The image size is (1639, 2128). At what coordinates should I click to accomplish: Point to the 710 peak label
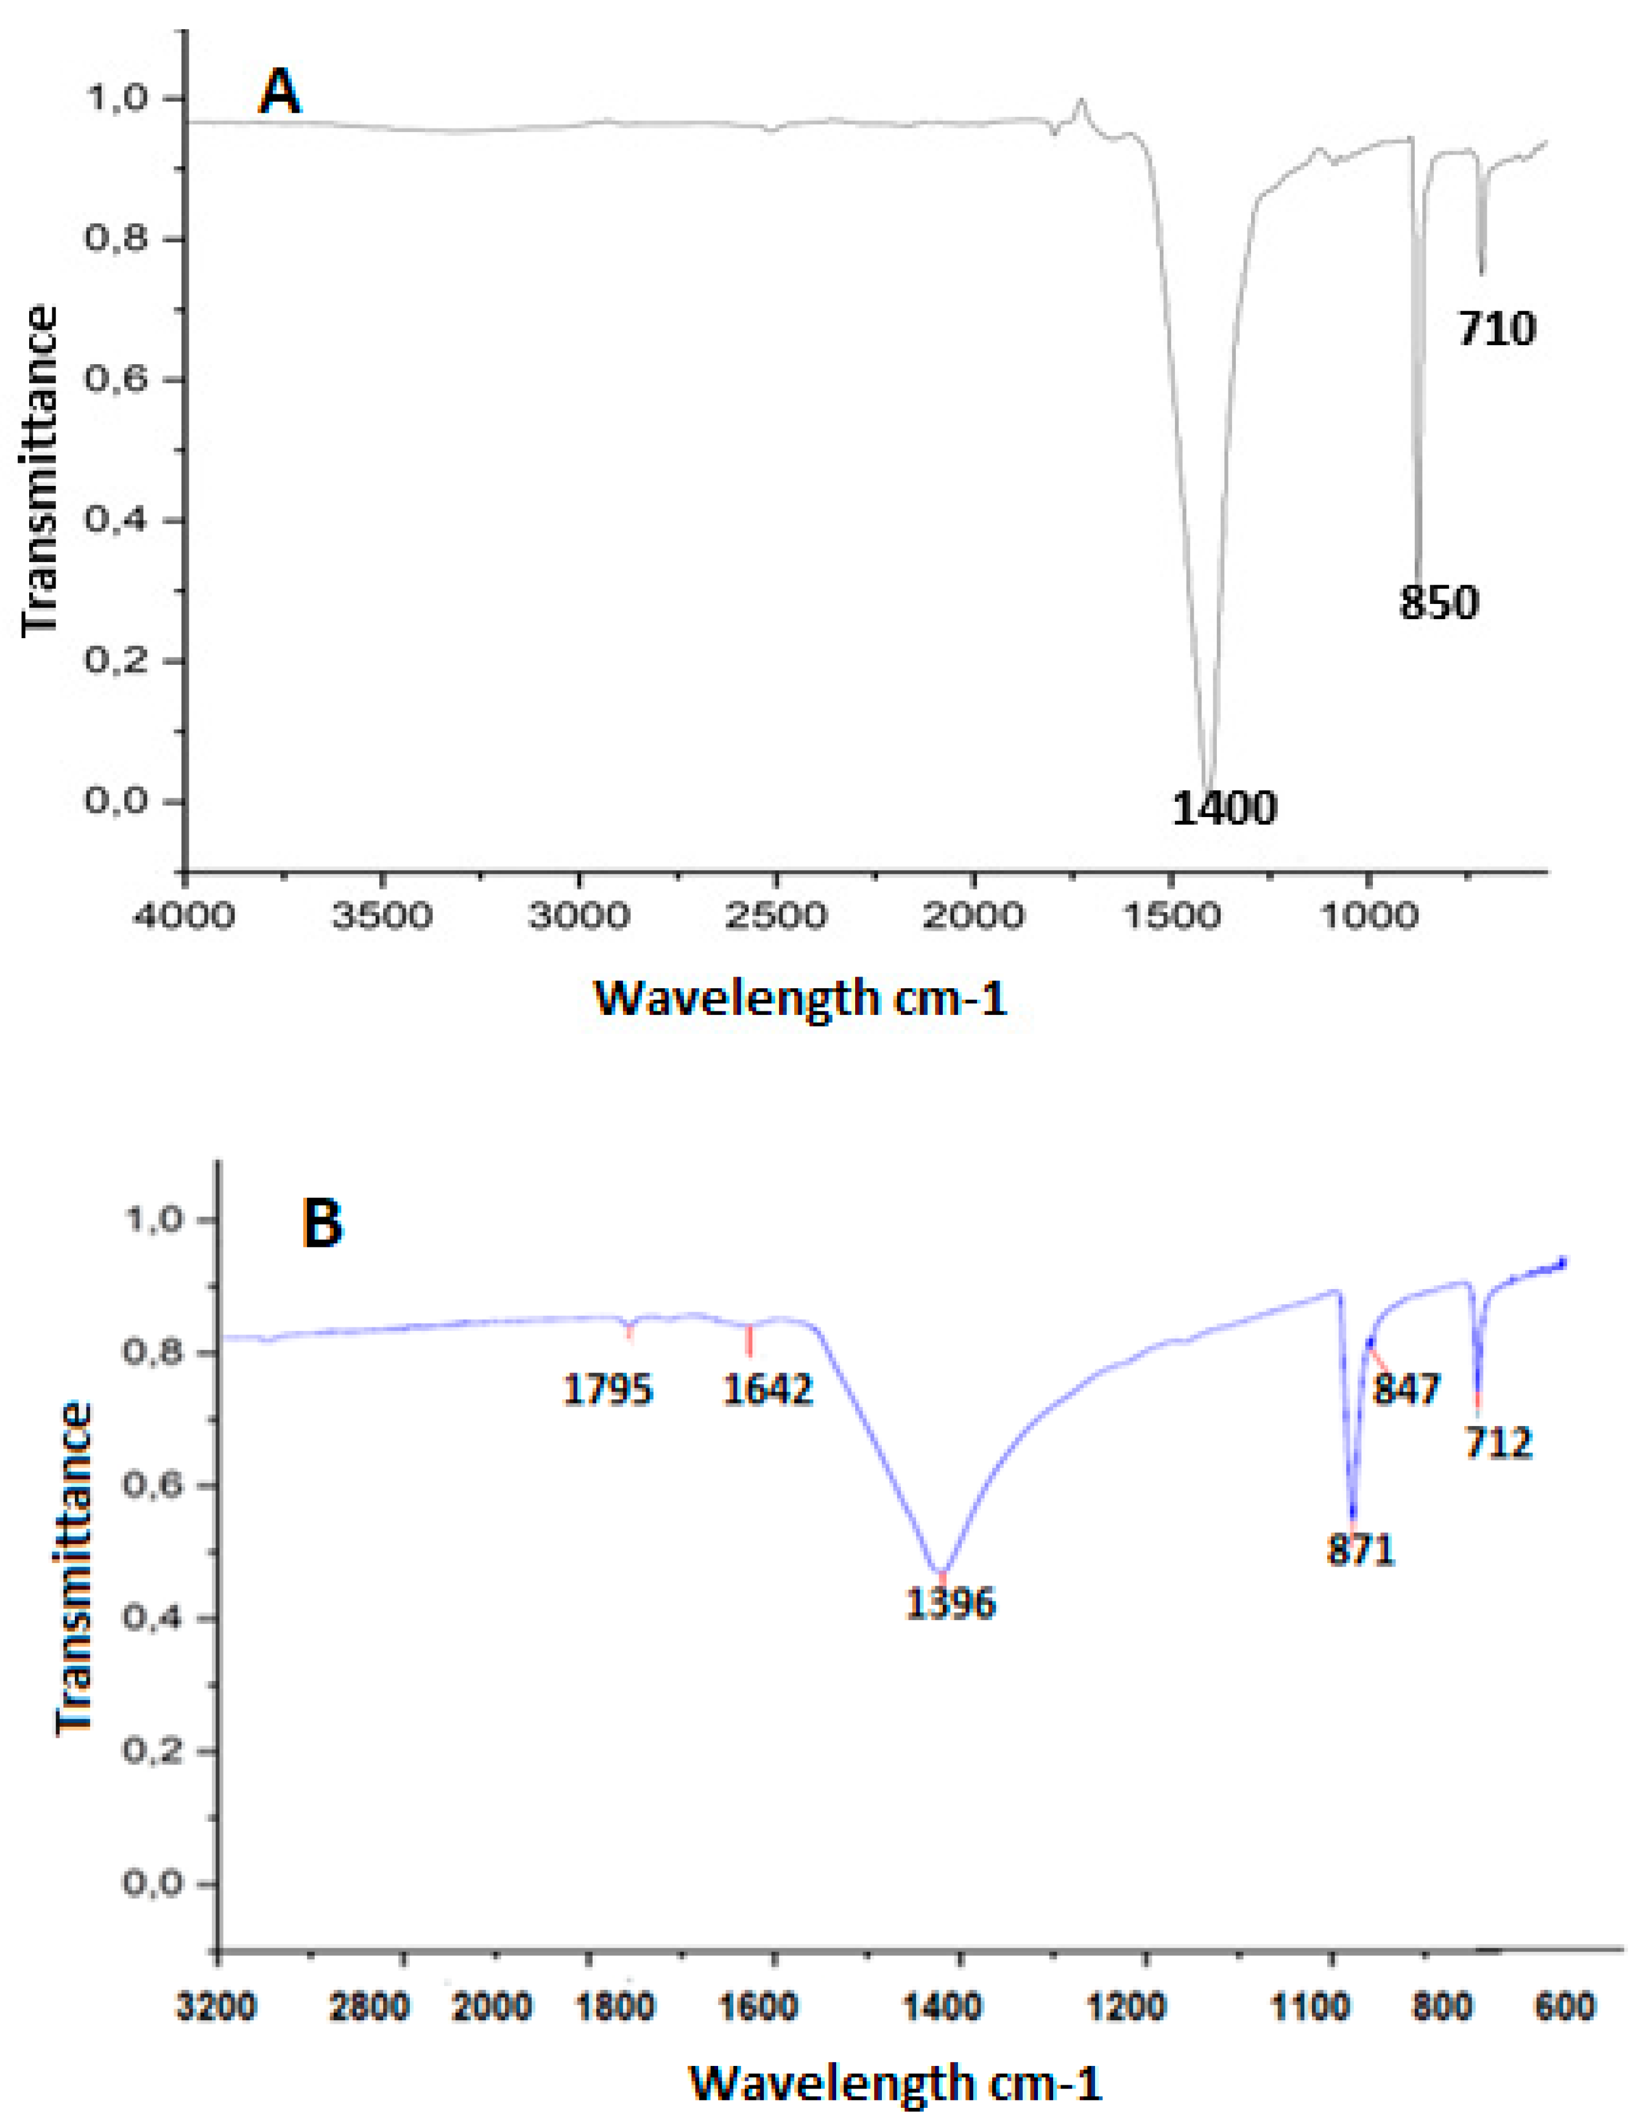pyautogui.click(x=1496, y=329)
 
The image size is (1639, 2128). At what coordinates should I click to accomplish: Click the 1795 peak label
pyautogui.click(x=608, y=1389)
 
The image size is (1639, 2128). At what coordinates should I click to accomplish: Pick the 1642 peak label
pyautogui.click(x=768, y=1389)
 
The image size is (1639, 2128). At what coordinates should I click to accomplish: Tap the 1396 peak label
pyautogui.click(x=950, y=1603)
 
